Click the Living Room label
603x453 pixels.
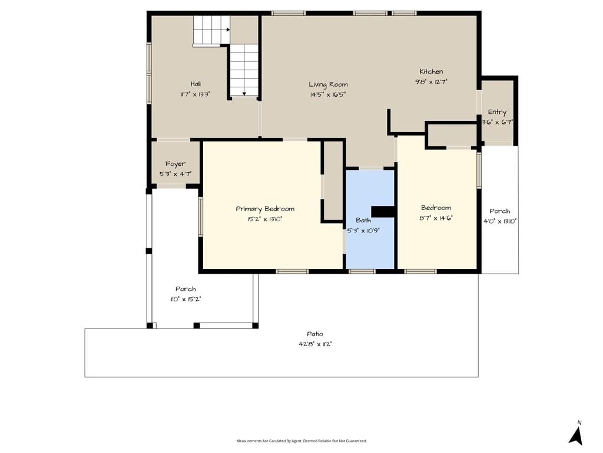328,84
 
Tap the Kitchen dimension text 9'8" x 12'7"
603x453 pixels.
431,81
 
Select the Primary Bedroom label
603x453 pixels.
265,209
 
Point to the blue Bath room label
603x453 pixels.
363,221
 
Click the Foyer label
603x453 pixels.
175,164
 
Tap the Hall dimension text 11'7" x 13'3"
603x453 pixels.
196,94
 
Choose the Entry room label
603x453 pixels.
497,112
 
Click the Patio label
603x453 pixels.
315,334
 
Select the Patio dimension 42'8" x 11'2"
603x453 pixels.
315,344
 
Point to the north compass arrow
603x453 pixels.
576,436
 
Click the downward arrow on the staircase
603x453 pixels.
244,93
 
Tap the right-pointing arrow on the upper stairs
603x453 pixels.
228,29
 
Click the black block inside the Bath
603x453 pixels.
383,212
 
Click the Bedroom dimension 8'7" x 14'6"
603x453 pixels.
436,218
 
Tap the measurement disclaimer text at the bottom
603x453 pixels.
301,441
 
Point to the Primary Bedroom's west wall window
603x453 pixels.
200,216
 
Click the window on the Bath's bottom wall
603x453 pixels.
362,271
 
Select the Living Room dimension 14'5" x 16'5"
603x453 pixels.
328,94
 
